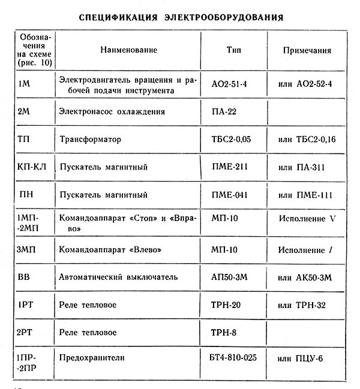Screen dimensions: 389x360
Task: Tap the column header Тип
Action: pyautogui.click(x=234, y=50)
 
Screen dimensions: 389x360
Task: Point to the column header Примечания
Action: pyautogui.click(x=307, y=50)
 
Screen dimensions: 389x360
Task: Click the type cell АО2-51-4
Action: pyautogui.click(x=230, y=84)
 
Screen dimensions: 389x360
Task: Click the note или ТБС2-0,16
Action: pyautogui.click(x=305, y=139)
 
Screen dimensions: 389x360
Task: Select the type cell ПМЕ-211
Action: pyautogui.click(x=230, y=167)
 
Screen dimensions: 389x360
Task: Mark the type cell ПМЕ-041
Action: pyautogui.click(x=230, y=195)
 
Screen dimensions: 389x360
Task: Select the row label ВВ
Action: pyautogui.click(x=25, y=277)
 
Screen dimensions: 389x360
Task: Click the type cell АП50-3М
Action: pyautogui.click(x=230, y=277)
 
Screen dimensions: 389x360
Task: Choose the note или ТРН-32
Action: pyautogui.click(x=302, y=304)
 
